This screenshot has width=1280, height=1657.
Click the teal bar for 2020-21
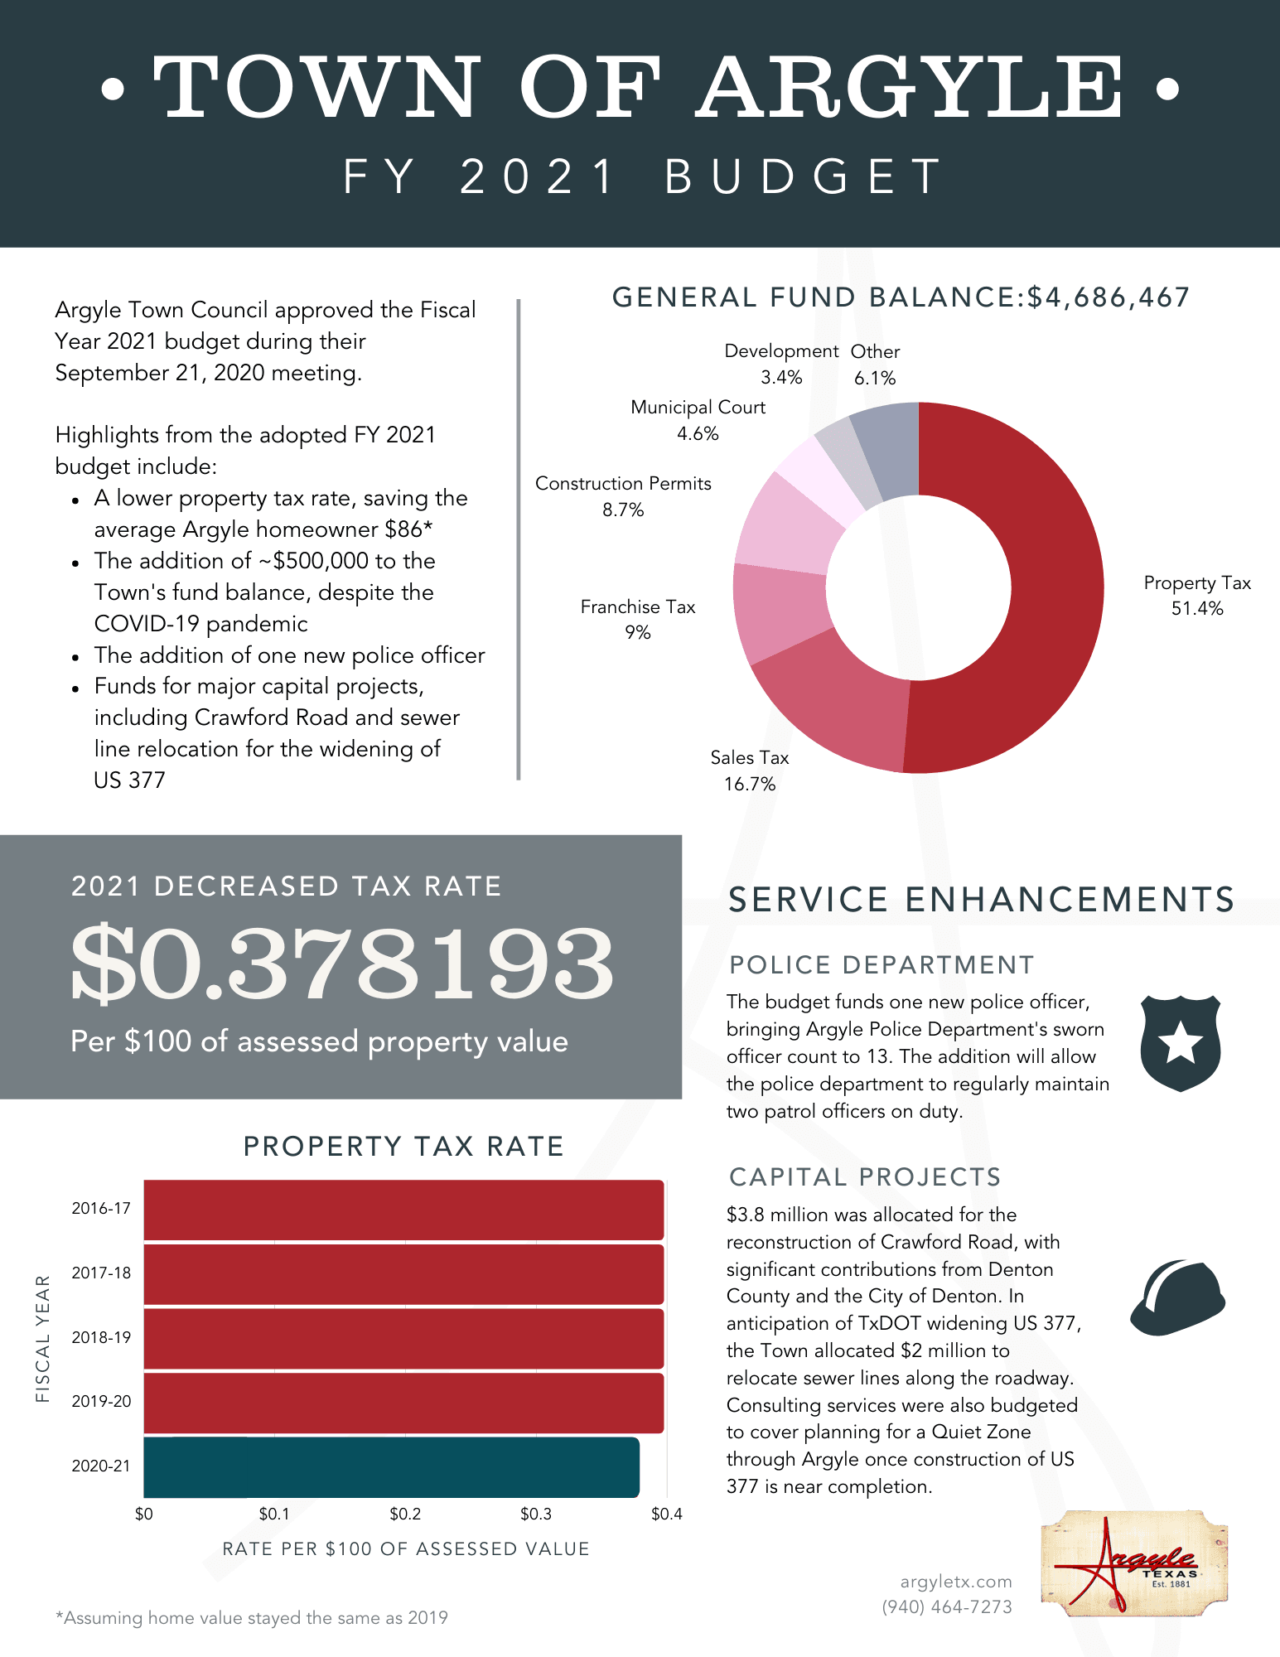[x=391, y=1467]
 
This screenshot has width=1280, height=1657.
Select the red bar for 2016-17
[x=403, y=1210]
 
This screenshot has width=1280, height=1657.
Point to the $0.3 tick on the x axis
[x=535, y=1514]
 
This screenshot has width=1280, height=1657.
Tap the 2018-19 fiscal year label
[x=101, y=1337]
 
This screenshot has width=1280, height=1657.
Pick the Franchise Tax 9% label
[x=637, y=619]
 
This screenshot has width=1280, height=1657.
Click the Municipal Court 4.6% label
[x=698, y=420]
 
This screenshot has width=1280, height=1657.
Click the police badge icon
[x=1180, y=1044]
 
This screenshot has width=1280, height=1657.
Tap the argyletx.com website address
[x=956, y=1582]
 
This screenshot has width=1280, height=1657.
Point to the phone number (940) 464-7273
[x=947, y=1607]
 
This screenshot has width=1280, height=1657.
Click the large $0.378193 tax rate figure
[x=341, y=964]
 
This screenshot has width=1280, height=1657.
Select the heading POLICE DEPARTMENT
[x=882, y=965]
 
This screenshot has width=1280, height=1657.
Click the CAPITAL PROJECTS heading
[x=865, y=1177]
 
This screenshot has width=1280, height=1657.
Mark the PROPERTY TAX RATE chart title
[x=403, y=1147]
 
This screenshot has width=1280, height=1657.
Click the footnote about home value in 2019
[x=252, y=1618]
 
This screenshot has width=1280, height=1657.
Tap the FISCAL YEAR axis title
[x=43, y=1338]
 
